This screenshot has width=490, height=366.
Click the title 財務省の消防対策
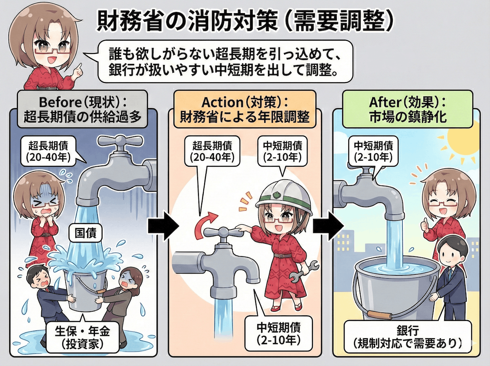[x=187, y=22]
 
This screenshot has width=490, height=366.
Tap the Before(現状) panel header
[x=82, y=109]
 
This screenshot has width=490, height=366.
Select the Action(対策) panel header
[x=245, y=109]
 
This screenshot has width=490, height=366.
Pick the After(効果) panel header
[x=408, y=109]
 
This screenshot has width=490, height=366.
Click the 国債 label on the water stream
[x=85, y=234]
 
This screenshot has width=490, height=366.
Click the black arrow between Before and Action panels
[x=163, y=226]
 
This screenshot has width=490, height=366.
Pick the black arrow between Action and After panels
[x=328, y=226]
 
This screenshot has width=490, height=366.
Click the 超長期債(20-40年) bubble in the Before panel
[x=49, y=152]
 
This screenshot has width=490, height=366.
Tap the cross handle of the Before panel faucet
[x=120, y=141]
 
